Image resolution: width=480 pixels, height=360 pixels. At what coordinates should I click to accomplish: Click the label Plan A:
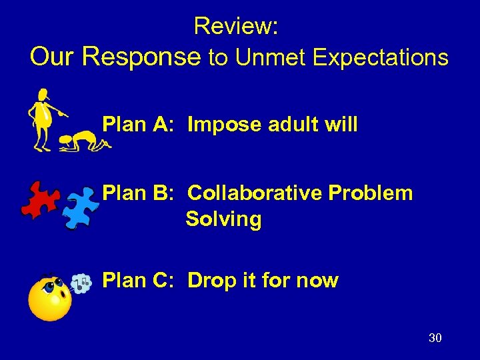[x=139, y=124]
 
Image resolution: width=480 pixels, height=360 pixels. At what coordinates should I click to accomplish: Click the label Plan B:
[x=139, y=193]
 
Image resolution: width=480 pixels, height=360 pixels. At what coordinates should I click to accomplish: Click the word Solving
[x=223, y=219]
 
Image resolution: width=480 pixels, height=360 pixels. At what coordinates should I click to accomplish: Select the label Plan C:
[x=139, y=281]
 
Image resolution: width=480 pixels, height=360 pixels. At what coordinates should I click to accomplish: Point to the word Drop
[x=212, y=281]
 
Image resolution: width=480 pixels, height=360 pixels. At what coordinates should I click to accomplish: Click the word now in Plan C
[x=318, y=281]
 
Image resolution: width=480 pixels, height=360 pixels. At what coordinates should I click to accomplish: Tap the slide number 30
[x=435, y=338]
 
